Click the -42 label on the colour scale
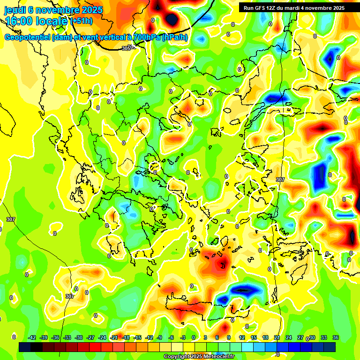pyautogui.click(x=32, y=337)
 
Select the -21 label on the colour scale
pyautogui.click(x=114, y=337)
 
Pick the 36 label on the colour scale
pyautogui.click(x=335, y=337)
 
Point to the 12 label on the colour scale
pyautogui.click(x=241, y=337)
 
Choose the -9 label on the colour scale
pyautogui.click(x=160, y=337)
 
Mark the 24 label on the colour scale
pyautogui.click(x=288, y=337)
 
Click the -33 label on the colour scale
pyautogui.click(x=67, y=337)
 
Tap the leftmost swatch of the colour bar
pyautogui.click(x=25, y=347)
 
